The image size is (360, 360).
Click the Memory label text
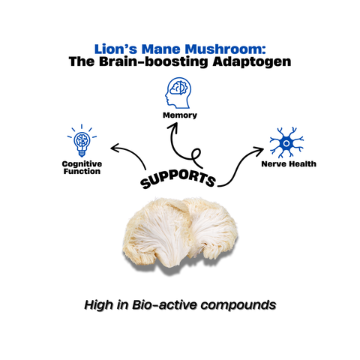(179, 115)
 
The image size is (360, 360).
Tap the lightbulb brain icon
(82, 142)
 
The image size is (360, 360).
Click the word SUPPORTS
(178, 177)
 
